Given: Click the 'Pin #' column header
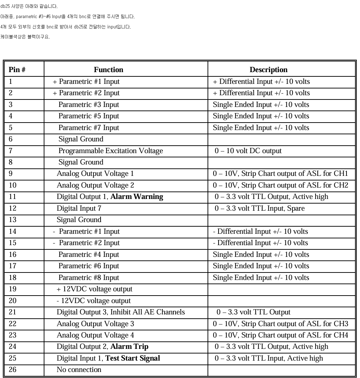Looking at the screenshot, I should [x=17, y=70].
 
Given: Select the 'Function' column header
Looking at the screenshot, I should [x=108, y=70].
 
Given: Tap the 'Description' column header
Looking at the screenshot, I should [x=268, y=70].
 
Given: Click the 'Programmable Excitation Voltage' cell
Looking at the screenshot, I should [x=111, y=151].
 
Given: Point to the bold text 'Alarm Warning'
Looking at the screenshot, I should [x=137, y=197].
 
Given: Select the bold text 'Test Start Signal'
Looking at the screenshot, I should [x=133, y=358].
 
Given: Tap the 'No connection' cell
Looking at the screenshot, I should [x=79, y=370].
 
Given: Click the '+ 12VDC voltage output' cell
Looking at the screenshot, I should [x=94, y=289].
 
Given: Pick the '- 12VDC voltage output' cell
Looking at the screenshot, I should [x=93, y=301].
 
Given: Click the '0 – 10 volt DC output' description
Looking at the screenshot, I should [x=248, y=151].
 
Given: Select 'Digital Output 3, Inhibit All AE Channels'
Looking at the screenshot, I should [x=121, y=312].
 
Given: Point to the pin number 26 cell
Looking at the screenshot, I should [x=12, y=370].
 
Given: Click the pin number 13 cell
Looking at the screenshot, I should [x=12, y=220].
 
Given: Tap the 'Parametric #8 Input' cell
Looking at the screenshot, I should [x=89, y=277].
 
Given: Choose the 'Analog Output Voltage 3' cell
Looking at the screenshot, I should [x=95, y=324].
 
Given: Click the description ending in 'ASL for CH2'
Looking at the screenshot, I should [x=280, y=185].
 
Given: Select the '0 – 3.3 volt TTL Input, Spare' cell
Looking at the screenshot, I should [x=259, y=208].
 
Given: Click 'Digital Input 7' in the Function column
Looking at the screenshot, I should [x=79, y=208].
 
